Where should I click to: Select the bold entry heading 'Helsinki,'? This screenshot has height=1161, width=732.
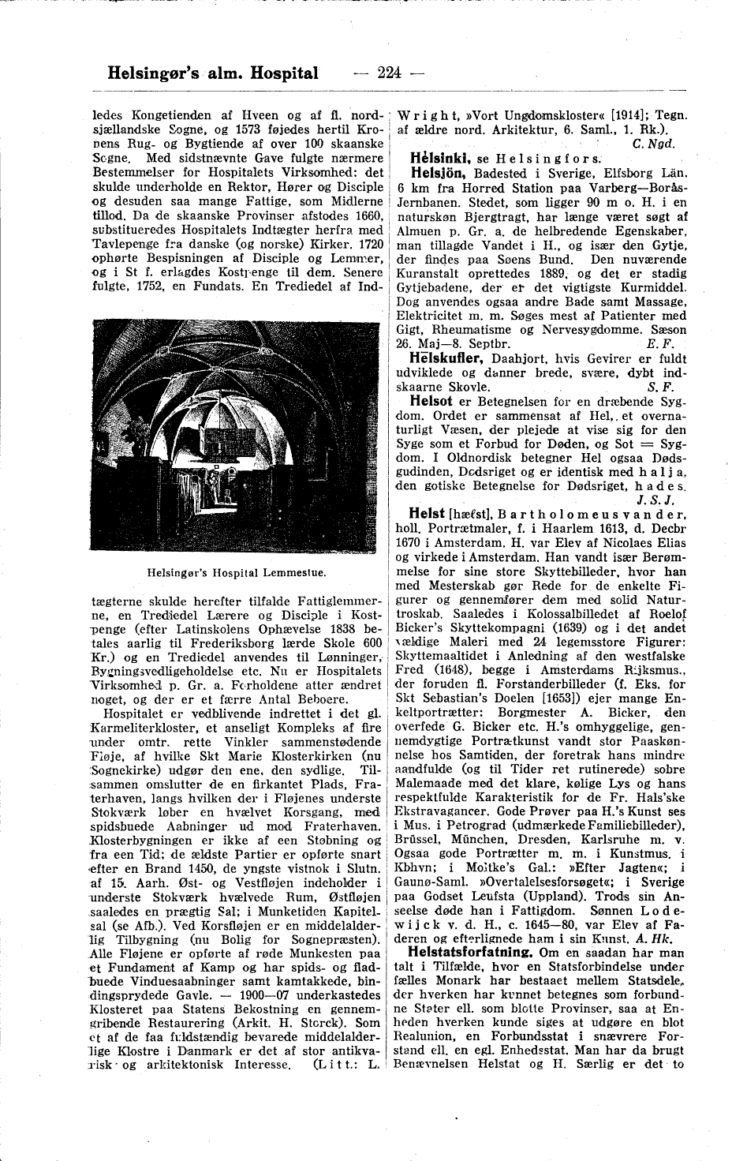coord(429,158)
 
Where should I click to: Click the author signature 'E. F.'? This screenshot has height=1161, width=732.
coord(658,344)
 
